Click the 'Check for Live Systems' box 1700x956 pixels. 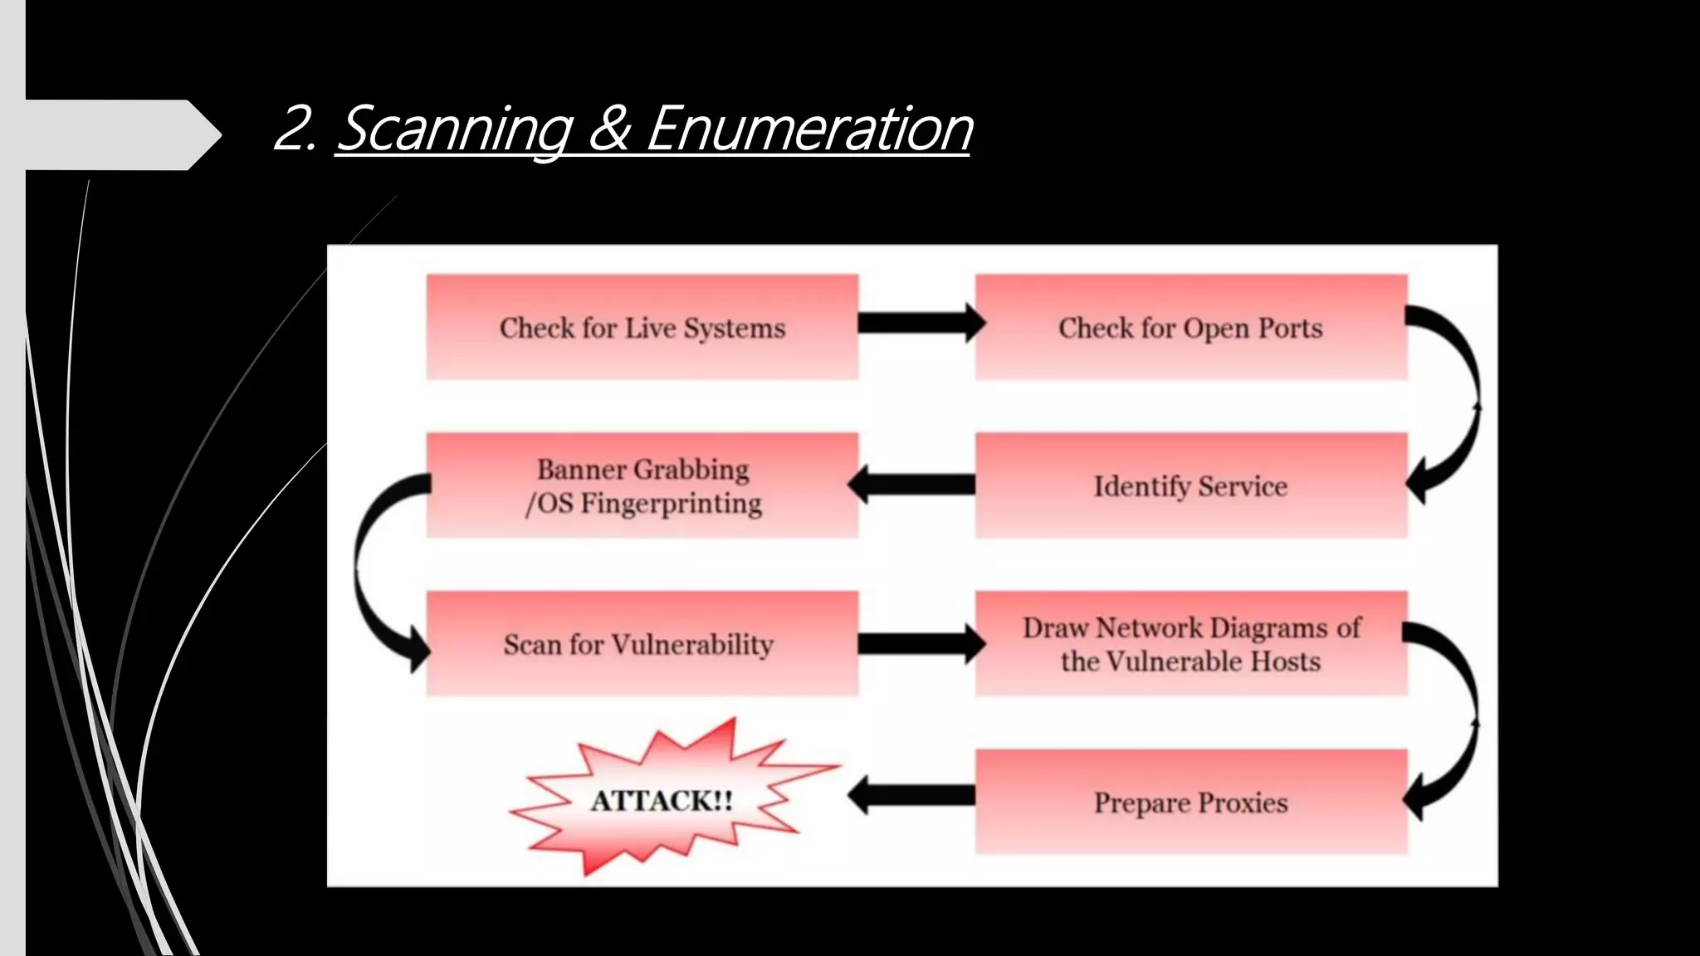click(x=642, y=327)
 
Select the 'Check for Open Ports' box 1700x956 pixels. click(x=1190, y=327)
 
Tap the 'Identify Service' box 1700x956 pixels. click(x=1190, y=485)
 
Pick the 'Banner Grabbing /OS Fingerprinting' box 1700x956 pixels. click(x=642, y=485)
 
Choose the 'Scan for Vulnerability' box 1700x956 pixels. click(x=642, y=644)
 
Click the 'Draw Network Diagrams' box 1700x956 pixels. click(x=1190, y=644)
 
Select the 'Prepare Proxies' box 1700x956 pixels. click(x=1190, y=802)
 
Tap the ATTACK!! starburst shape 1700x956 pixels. click(x=662, y=800)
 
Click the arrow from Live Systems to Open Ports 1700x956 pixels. click(x=918, y=323)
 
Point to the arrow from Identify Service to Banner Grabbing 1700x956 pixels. click(x=913, y=484)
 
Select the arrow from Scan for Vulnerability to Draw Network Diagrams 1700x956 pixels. click(x=918, y=643)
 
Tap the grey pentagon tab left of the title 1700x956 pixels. click(x=116, y=134)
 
